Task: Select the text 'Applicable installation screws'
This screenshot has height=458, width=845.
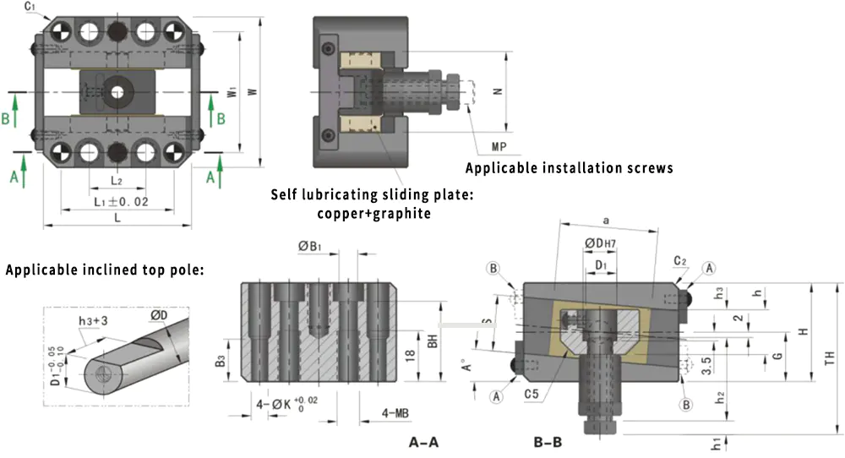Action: pyautogui.click(x=569, y=168)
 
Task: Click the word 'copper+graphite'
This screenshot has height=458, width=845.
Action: pyautogui.click(x=373, y=213)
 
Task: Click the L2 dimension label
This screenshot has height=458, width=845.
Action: pyautogui.click(x=117, y=181)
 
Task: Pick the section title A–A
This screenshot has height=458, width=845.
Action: pyautogui.click(x=423, y=442)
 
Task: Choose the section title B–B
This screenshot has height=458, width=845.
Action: pyautogui.click(x=548, y=442)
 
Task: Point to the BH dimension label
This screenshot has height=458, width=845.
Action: pyautogui.click(x=433, y=341)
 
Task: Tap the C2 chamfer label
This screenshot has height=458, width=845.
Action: pyautogui.click(x=681, y=260)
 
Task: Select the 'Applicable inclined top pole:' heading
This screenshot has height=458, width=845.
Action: pyautogui.click(x=106, y=271)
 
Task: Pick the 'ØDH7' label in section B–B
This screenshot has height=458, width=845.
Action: pyautogui.click(x=604, y=244)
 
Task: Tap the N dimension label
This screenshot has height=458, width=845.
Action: pyautogui.click(x=497, y=92)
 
